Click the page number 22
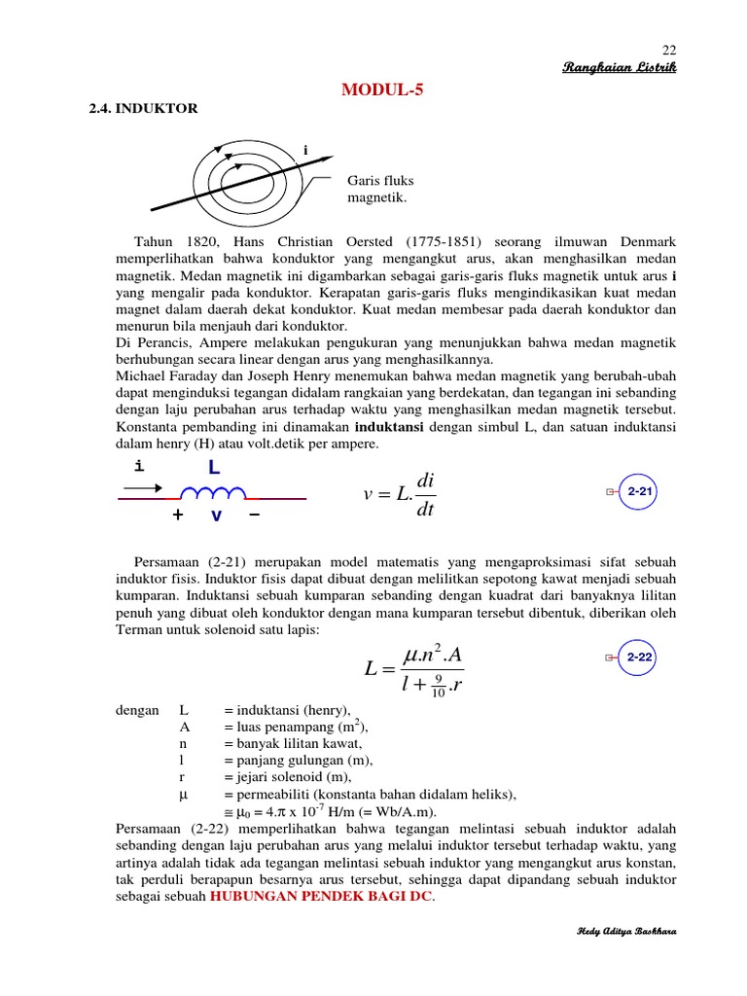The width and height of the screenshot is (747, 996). [x=668, y=51]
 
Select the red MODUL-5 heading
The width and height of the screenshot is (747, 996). [x=382, y=90]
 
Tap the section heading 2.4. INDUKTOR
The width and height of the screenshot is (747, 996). [x=143, y=109]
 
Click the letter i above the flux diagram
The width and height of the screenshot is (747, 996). [x=305, y=151]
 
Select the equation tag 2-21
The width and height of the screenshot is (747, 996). [x=639, y=493]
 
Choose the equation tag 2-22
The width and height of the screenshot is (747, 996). [x=639, y=658]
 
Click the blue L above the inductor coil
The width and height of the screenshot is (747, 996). [x=213, y=468]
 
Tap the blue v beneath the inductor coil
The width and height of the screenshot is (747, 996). [x=216, y=516]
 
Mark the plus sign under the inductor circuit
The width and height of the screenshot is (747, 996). [x=178, y=516]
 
